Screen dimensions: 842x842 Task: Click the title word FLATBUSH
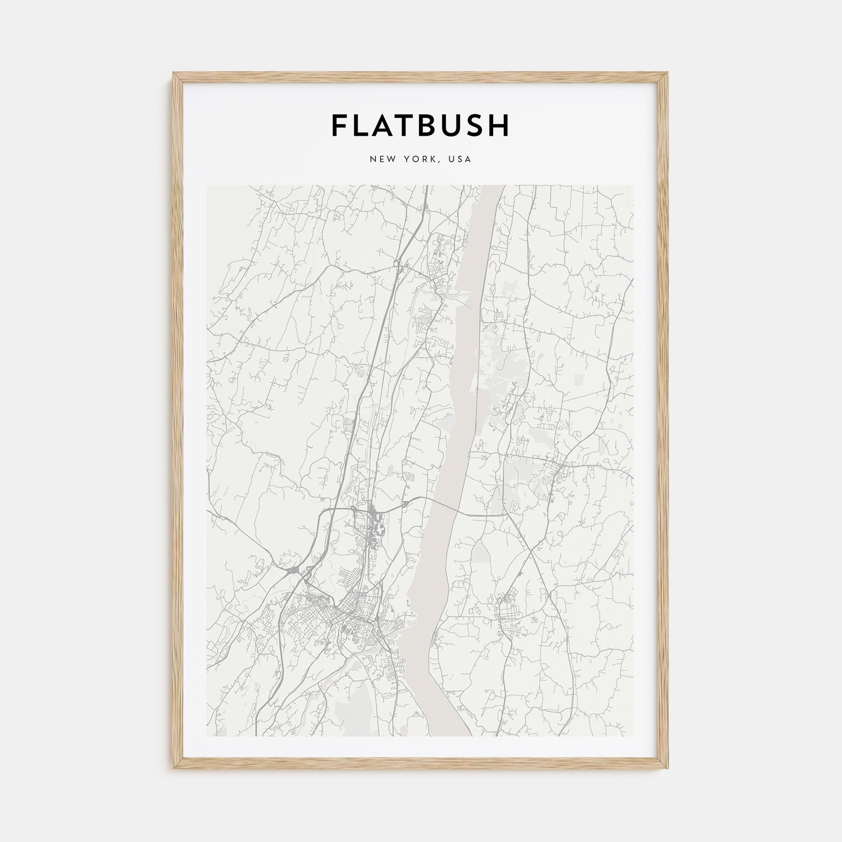(x=421, y=125)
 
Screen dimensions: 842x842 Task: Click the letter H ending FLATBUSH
(x=499, y=125)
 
